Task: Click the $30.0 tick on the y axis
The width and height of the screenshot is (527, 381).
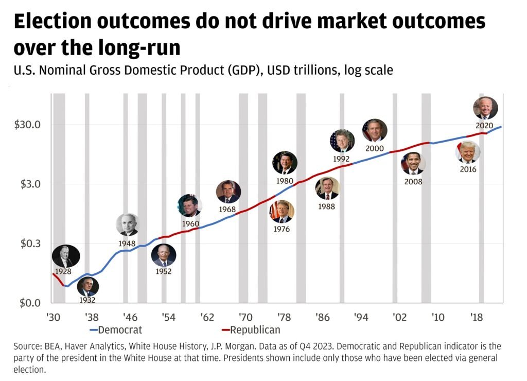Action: point(30,125)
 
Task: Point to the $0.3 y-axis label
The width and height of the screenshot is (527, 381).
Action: point(30,243)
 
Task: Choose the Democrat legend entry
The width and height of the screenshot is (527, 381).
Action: point(116,330)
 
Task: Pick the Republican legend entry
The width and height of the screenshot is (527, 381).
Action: point(251,330)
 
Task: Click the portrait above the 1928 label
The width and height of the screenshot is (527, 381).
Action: point(66,256)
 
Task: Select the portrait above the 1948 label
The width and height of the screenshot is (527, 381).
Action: point(127,225)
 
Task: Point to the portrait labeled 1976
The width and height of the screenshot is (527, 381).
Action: point(282,212)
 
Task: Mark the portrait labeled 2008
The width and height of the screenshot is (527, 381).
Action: point(413,164)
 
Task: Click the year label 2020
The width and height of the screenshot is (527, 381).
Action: point(484,126)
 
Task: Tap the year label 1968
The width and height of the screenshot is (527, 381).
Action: point(227,210)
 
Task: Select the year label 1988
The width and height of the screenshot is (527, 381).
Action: point(326,206)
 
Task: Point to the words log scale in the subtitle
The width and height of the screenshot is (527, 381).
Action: point(367,70)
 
